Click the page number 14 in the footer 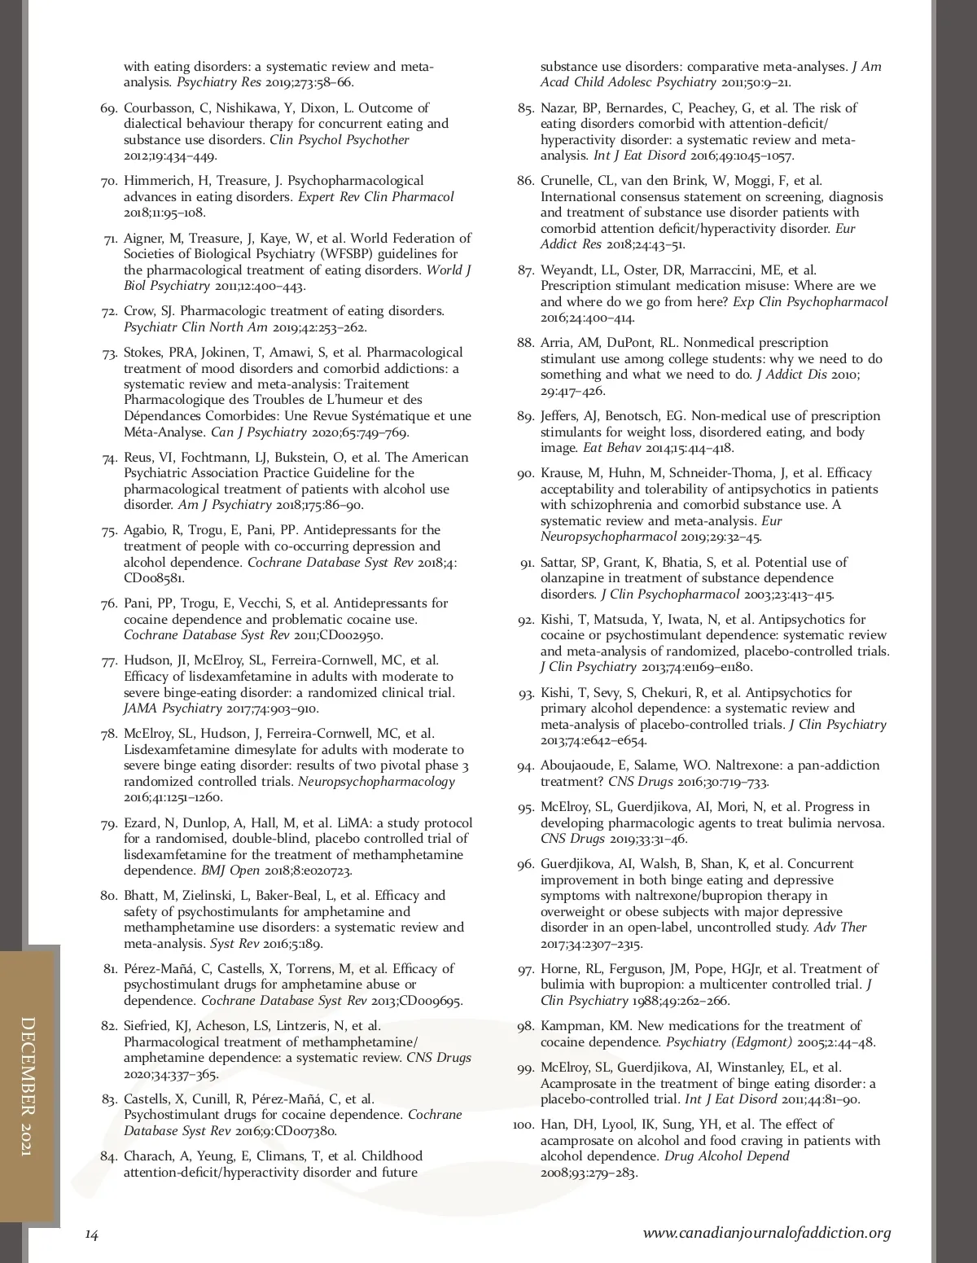pyautogui.click(x=92, y=1234)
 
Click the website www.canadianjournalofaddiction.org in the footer pyautogui.click(x=767, y=1233)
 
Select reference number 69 pyautogui.click(x=111, y=108)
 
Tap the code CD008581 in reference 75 pyautogui.click(x=153, y=578)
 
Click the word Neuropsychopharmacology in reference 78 pyautogui.click(x=377, y=782)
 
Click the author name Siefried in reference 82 pyautogui.click(x=149, y=1026)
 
